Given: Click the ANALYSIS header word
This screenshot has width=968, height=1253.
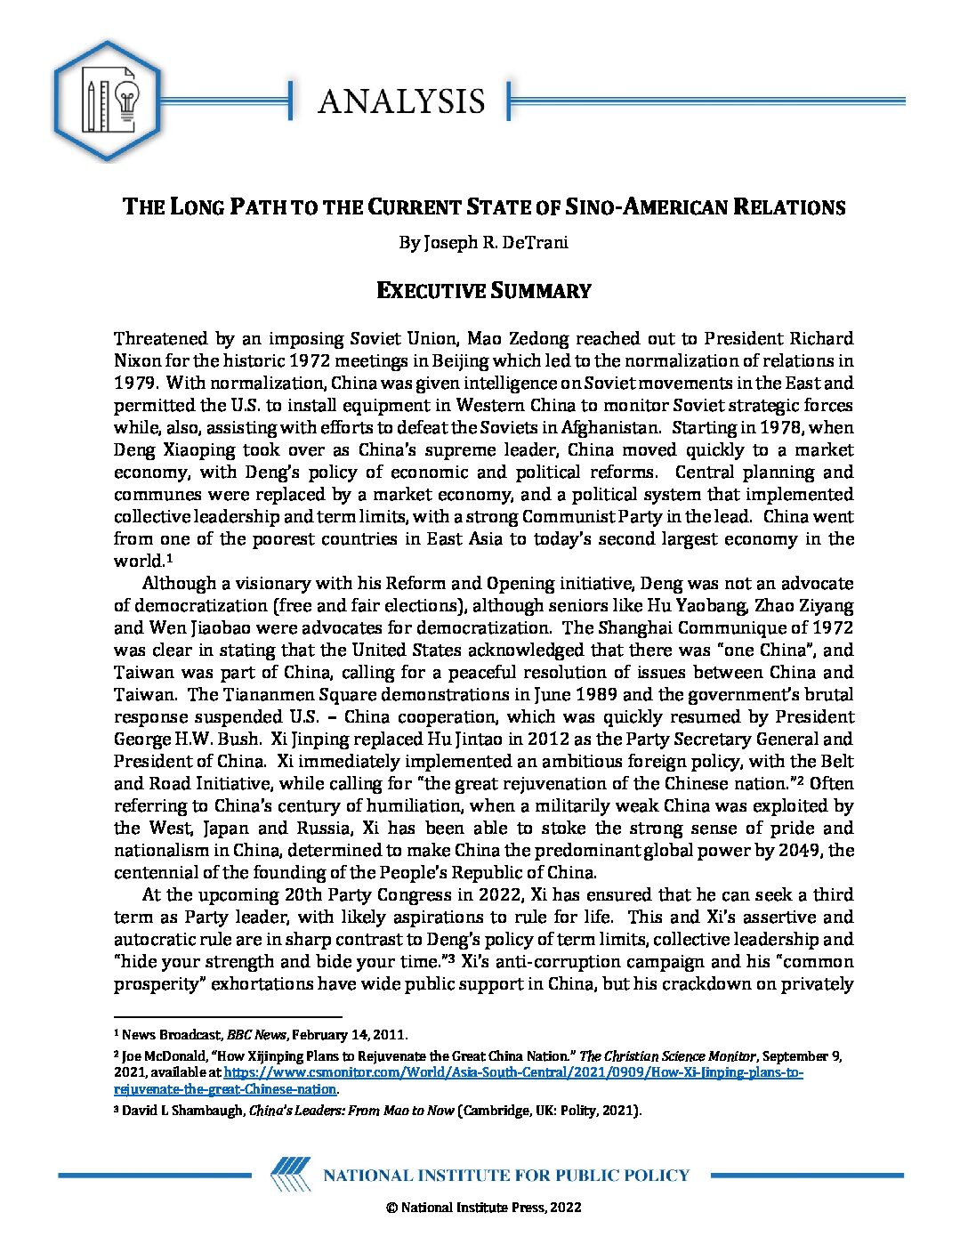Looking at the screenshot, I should (401, 101).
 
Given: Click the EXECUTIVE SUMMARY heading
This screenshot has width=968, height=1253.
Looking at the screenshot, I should (484, 291).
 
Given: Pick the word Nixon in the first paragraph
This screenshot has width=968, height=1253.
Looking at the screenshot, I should (137, 360).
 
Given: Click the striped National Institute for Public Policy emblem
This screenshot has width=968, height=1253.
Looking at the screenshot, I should (290, 1175).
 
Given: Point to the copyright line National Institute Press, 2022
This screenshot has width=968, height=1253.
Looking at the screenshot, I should (484, 1208).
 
